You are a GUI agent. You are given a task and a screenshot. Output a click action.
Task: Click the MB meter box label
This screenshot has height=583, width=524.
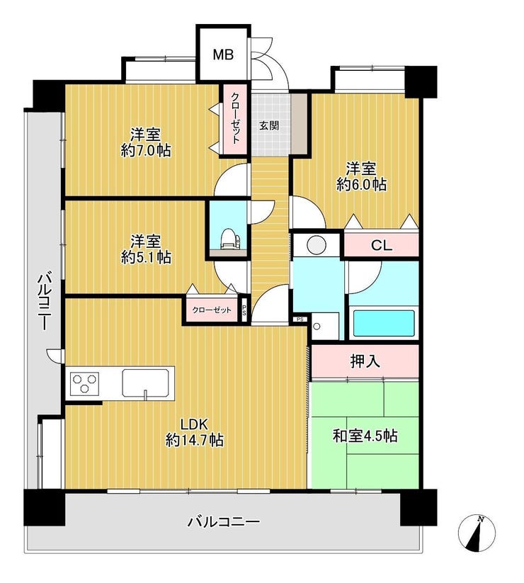223,55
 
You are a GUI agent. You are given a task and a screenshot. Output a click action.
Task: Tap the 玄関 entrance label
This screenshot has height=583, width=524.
269,125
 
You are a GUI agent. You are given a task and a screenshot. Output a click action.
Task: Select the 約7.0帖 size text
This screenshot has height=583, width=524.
146,150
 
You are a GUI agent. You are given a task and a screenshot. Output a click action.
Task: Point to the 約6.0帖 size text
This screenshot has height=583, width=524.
361,184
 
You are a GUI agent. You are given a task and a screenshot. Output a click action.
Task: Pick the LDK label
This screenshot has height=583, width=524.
193,424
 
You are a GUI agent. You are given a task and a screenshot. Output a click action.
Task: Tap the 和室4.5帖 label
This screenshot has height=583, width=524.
365,436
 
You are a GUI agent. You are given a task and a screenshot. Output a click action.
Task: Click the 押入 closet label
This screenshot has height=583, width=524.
365,361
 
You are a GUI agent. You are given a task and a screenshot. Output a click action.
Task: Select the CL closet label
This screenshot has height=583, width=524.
381,245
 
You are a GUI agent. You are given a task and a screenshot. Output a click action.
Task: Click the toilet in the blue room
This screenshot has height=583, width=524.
229,239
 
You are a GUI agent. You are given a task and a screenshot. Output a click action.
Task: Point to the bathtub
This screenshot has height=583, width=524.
384,323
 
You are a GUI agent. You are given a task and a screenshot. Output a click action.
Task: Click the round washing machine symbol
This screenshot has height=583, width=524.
317,244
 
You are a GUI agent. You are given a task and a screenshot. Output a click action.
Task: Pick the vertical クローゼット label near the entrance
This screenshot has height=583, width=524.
235,118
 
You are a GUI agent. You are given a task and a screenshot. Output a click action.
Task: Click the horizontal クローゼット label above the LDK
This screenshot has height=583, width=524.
212,310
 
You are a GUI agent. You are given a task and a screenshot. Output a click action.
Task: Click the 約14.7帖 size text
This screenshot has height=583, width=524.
194,441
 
